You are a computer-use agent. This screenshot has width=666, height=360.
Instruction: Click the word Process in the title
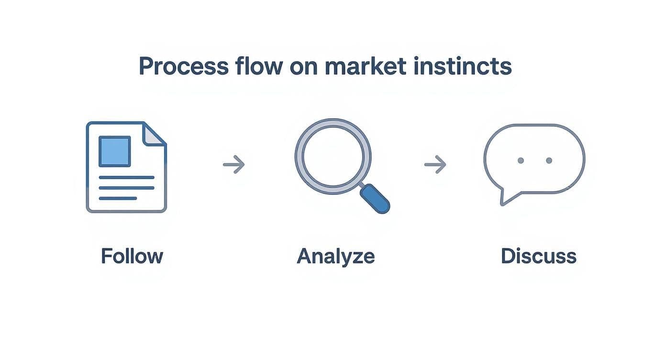tap(183, 67)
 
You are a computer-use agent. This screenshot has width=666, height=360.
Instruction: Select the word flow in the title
tap(258, 67)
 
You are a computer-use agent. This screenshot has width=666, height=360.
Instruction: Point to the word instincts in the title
tap(463, 67)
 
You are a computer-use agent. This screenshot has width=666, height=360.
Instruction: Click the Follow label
tap(132, 256)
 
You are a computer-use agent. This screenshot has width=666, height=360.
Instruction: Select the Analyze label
tap(335, 257)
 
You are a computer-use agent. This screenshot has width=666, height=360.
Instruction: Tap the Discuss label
tap(538, 256)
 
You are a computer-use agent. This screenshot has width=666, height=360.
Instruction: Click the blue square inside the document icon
tap(114, 151)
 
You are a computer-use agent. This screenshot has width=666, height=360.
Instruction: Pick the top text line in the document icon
tap(126, 178)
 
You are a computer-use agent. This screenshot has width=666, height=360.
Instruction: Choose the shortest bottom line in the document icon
tap(118, 198)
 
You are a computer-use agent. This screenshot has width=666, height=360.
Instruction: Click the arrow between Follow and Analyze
tap(234, 165)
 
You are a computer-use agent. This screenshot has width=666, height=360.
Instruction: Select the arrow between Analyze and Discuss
tap(435, 165)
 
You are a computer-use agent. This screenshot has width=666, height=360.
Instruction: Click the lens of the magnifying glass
tap(333, 156)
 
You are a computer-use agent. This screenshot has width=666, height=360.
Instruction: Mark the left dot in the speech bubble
tap(521, 160)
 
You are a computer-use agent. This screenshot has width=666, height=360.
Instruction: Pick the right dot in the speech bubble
tap(549, 160)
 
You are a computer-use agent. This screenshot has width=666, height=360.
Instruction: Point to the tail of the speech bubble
tap(504, 197)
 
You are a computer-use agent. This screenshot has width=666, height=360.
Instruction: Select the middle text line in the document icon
tap(126, 188)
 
